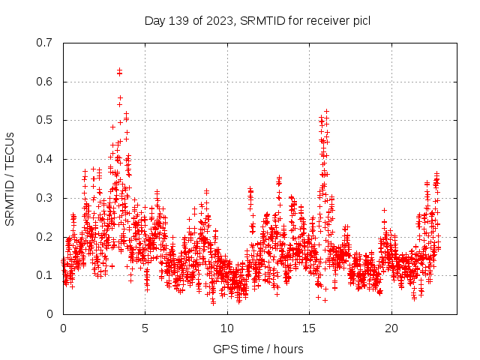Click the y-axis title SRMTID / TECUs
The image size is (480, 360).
(x=10, y=178)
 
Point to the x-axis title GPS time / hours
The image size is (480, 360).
(x=258, y=349)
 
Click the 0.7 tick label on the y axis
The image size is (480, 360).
(x=44, y=43)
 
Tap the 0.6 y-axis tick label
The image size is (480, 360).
(x=44, y=82)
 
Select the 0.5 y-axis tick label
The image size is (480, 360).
(x=44, y=120)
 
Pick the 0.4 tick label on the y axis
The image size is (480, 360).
(x=44, y=159)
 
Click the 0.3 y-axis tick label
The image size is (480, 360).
(x=44, y=198)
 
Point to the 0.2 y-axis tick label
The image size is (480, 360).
(x=44, y=237)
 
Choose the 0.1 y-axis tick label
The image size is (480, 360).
(x=44, y=275)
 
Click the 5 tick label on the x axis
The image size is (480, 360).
(x=145, y=328)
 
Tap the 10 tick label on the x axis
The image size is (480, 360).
(x=228, y=328)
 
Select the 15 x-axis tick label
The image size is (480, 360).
(x=310, y=328)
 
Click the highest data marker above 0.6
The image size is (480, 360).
(x=119, y=70)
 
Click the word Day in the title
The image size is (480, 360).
(x=154, y=20)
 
